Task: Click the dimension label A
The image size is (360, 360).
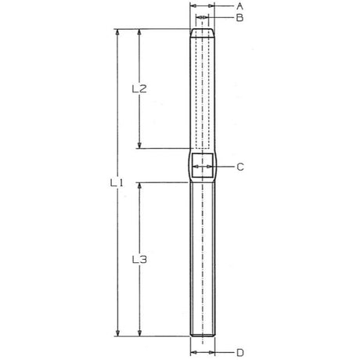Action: (240, 5)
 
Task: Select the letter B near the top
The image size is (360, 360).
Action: (240, 16)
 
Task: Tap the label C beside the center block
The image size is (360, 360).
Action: (240, 167)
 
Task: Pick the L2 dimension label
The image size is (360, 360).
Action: (139, 88)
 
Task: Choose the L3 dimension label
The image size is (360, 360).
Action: (139, 258)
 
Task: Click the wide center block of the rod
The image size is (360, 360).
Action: (203, 166)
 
